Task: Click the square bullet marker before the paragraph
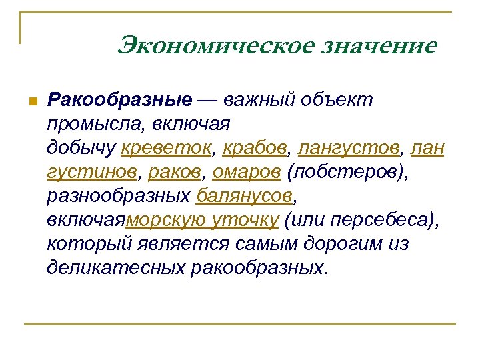[x=30, y=101]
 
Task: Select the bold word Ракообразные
[x=119, y=100]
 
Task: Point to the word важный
[x=257, y=100]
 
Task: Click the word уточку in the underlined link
[x=245, y=220]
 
